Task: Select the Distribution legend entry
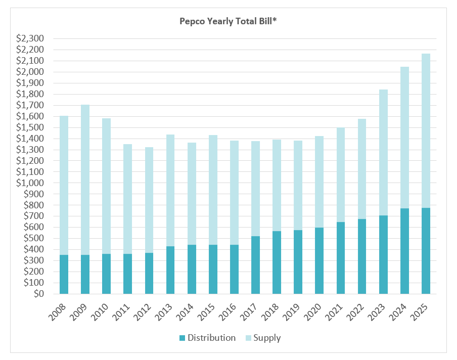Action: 211,338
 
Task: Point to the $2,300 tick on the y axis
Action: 31,38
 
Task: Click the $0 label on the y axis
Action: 38,294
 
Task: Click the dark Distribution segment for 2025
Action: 426,251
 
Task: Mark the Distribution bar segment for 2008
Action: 64,274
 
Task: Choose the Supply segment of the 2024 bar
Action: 405,138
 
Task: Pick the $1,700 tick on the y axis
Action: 31,105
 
